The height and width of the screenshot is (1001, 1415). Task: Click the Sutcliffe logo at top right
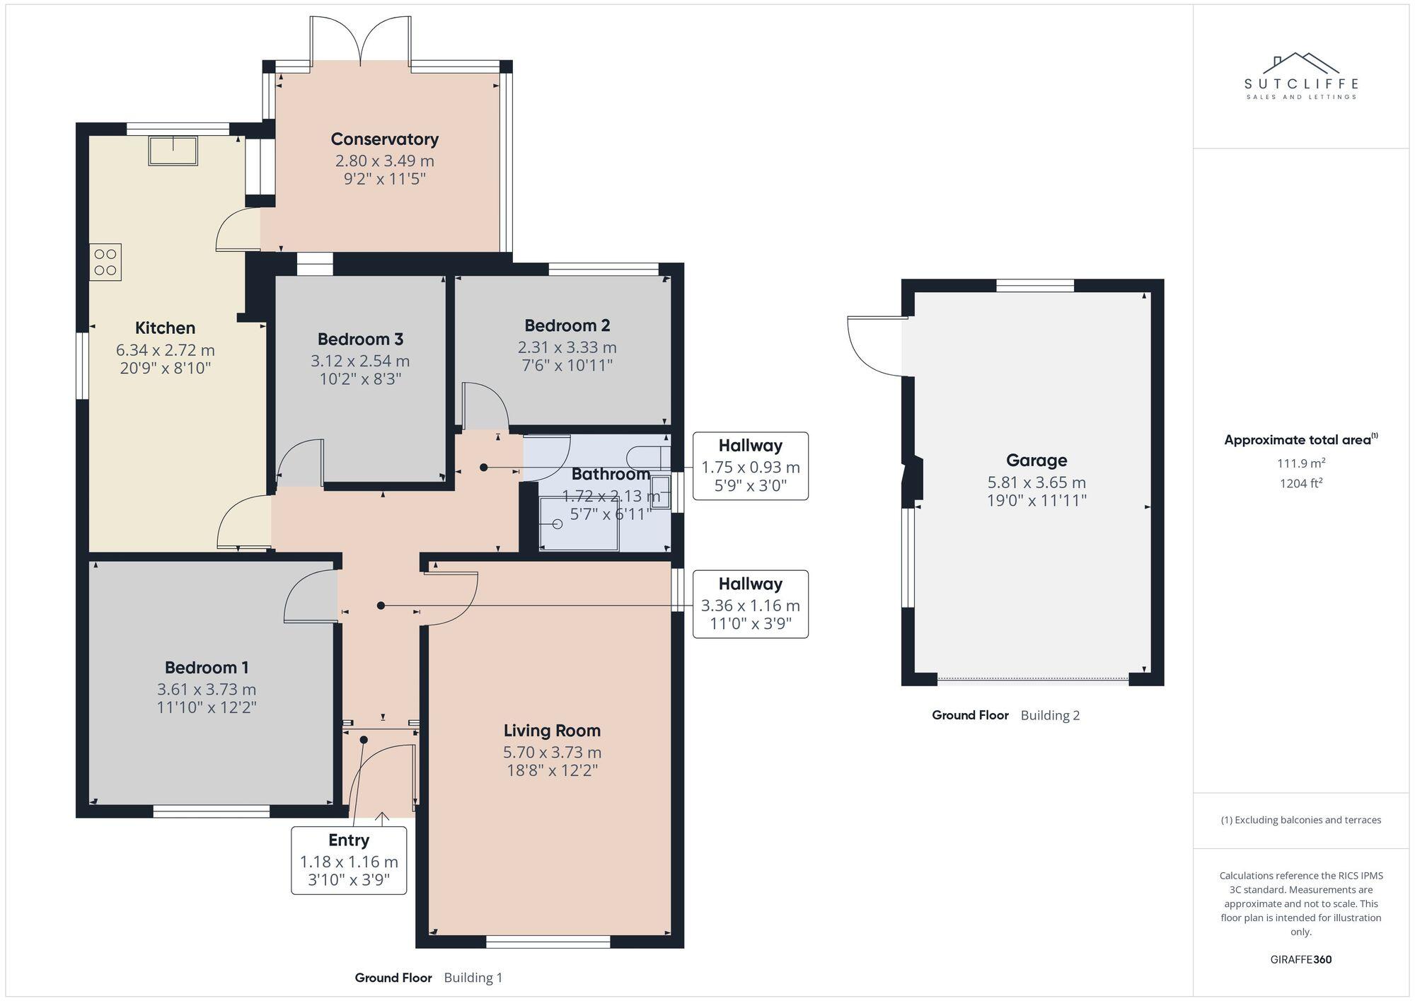point(1300,76)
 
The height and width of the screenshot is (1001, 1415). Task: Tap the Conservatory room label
point(384,139)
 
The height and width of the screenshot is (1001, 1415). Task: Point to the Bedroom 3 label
point(360,340)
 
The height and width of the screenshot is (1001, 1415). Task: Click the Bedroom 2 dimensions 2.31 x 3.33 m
point(567,347)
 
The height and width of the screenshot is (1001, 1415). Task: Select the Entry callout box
point(349,860)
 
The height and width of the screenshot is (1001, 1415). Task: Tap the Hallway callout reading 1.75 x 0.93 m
point(750,466)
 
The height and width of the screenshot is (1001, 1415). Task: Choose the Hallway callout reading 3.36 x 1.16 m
point(750,604)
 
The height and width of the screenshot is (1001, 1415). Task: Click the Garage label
point(1036,461)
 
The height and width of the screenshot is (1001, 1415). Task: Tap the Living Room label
point(552,731)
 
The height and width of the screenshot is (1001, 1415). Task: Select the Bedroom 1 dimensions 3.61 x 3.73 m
point(207,689)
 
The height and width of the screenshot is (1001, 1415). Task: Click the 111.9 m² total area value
point(1300,463)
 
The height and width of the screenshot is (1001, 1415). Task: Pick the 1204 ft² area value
point(1300,484)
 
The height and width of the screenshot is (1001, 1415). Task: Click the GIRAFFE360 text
point(1300,960)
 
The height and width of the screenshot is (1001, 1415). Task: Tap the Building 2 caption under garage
point(1050,715)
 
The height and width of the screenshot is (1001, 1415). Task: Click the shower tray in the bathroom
point(579,524)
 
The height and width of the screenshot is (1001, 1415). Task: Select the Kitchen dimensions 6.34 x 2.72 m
point(165,350)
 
